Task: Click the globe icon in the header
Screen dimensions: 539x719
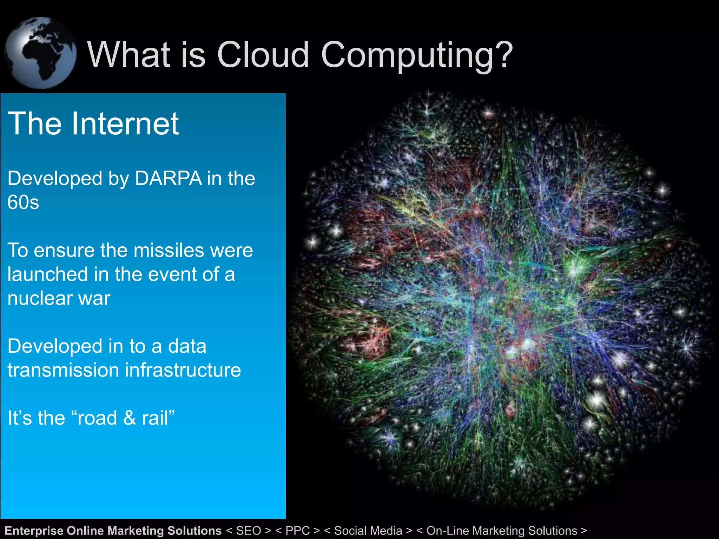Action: [40, 53]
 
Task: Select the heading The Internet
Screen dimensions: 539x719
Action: [93, 124]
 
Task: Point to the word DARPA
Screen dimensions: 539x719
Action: [169, 179]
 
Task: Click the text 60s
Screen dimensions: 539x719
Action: [23, 202]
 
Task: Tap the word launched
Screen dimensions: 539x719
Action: [47, 274]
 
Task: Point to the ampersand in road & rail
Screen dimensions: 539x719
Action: [129, 418]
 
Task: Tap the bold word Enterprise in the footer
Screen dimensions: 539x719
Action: [34, 531]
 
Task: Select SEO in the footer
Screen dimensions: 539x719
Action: [249, 531]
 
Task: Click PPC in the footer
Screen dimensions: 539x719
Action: [298, 531]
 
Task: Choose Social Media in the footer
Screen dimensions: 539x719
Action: [368, 531]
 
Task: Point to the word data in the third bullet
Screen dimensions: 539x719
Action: [187, 346]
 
